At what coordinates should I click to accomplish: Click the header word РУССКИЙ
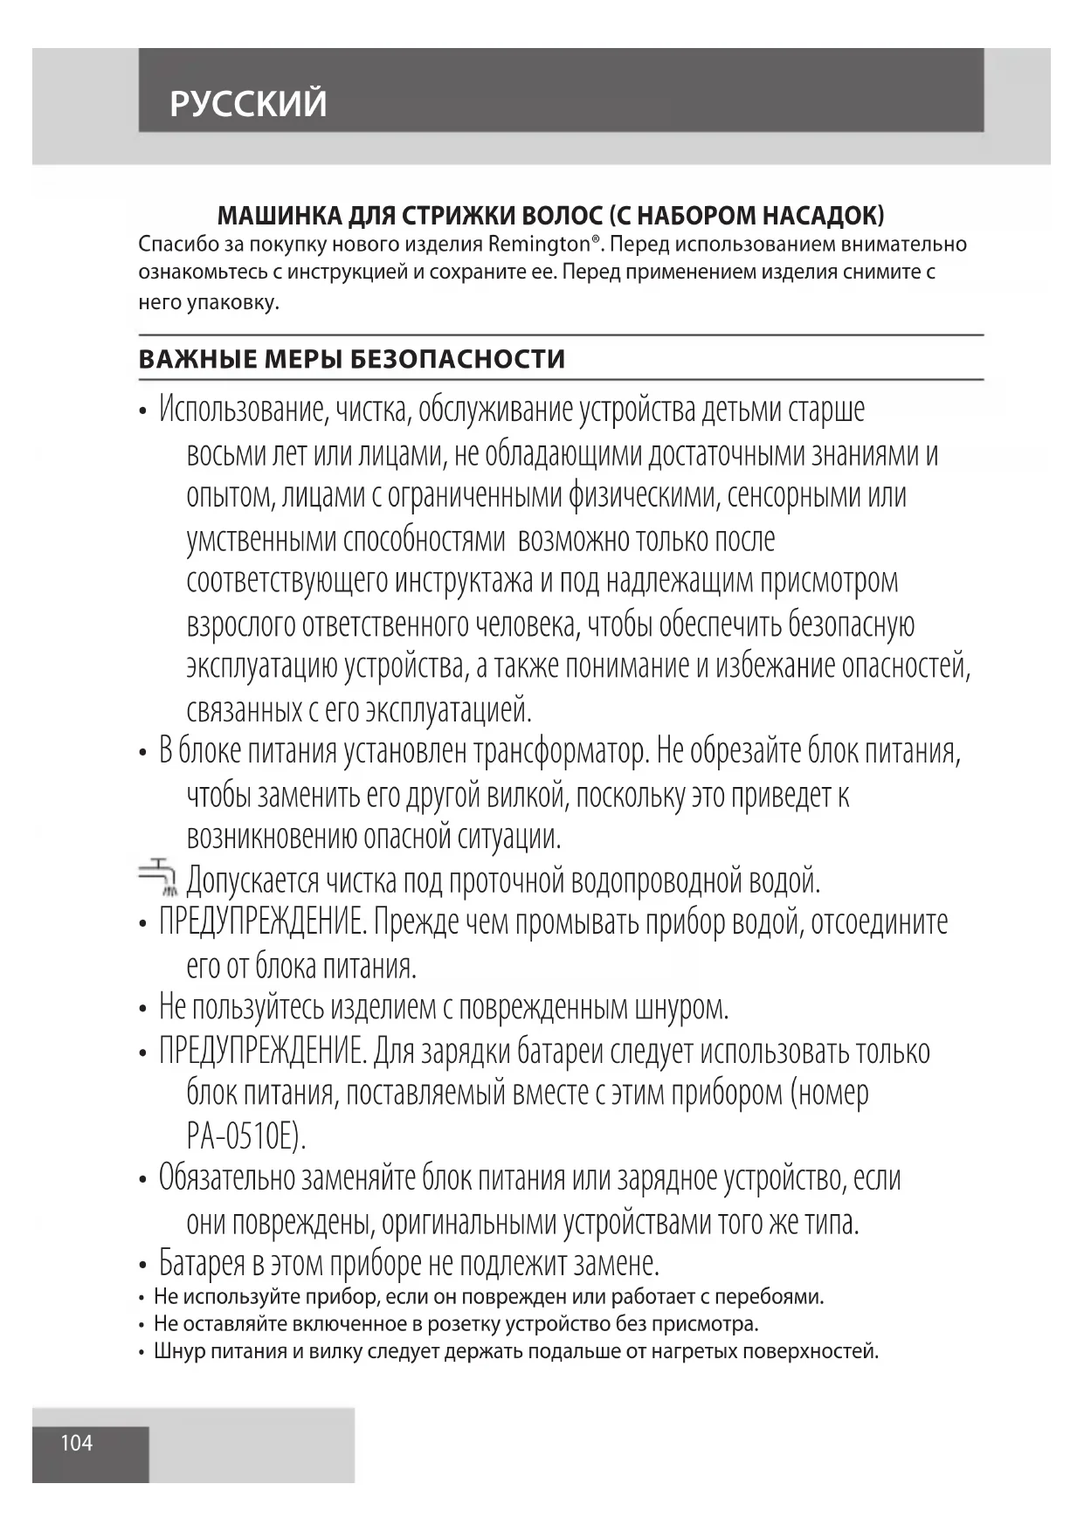pos(248,104)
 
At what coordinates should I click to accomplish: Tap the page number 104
pos(77,1443)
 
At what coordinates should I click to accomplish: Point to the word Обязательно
pos(227,1178)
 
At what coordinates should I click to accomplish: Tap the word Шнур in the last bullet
pos(179,1351)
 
